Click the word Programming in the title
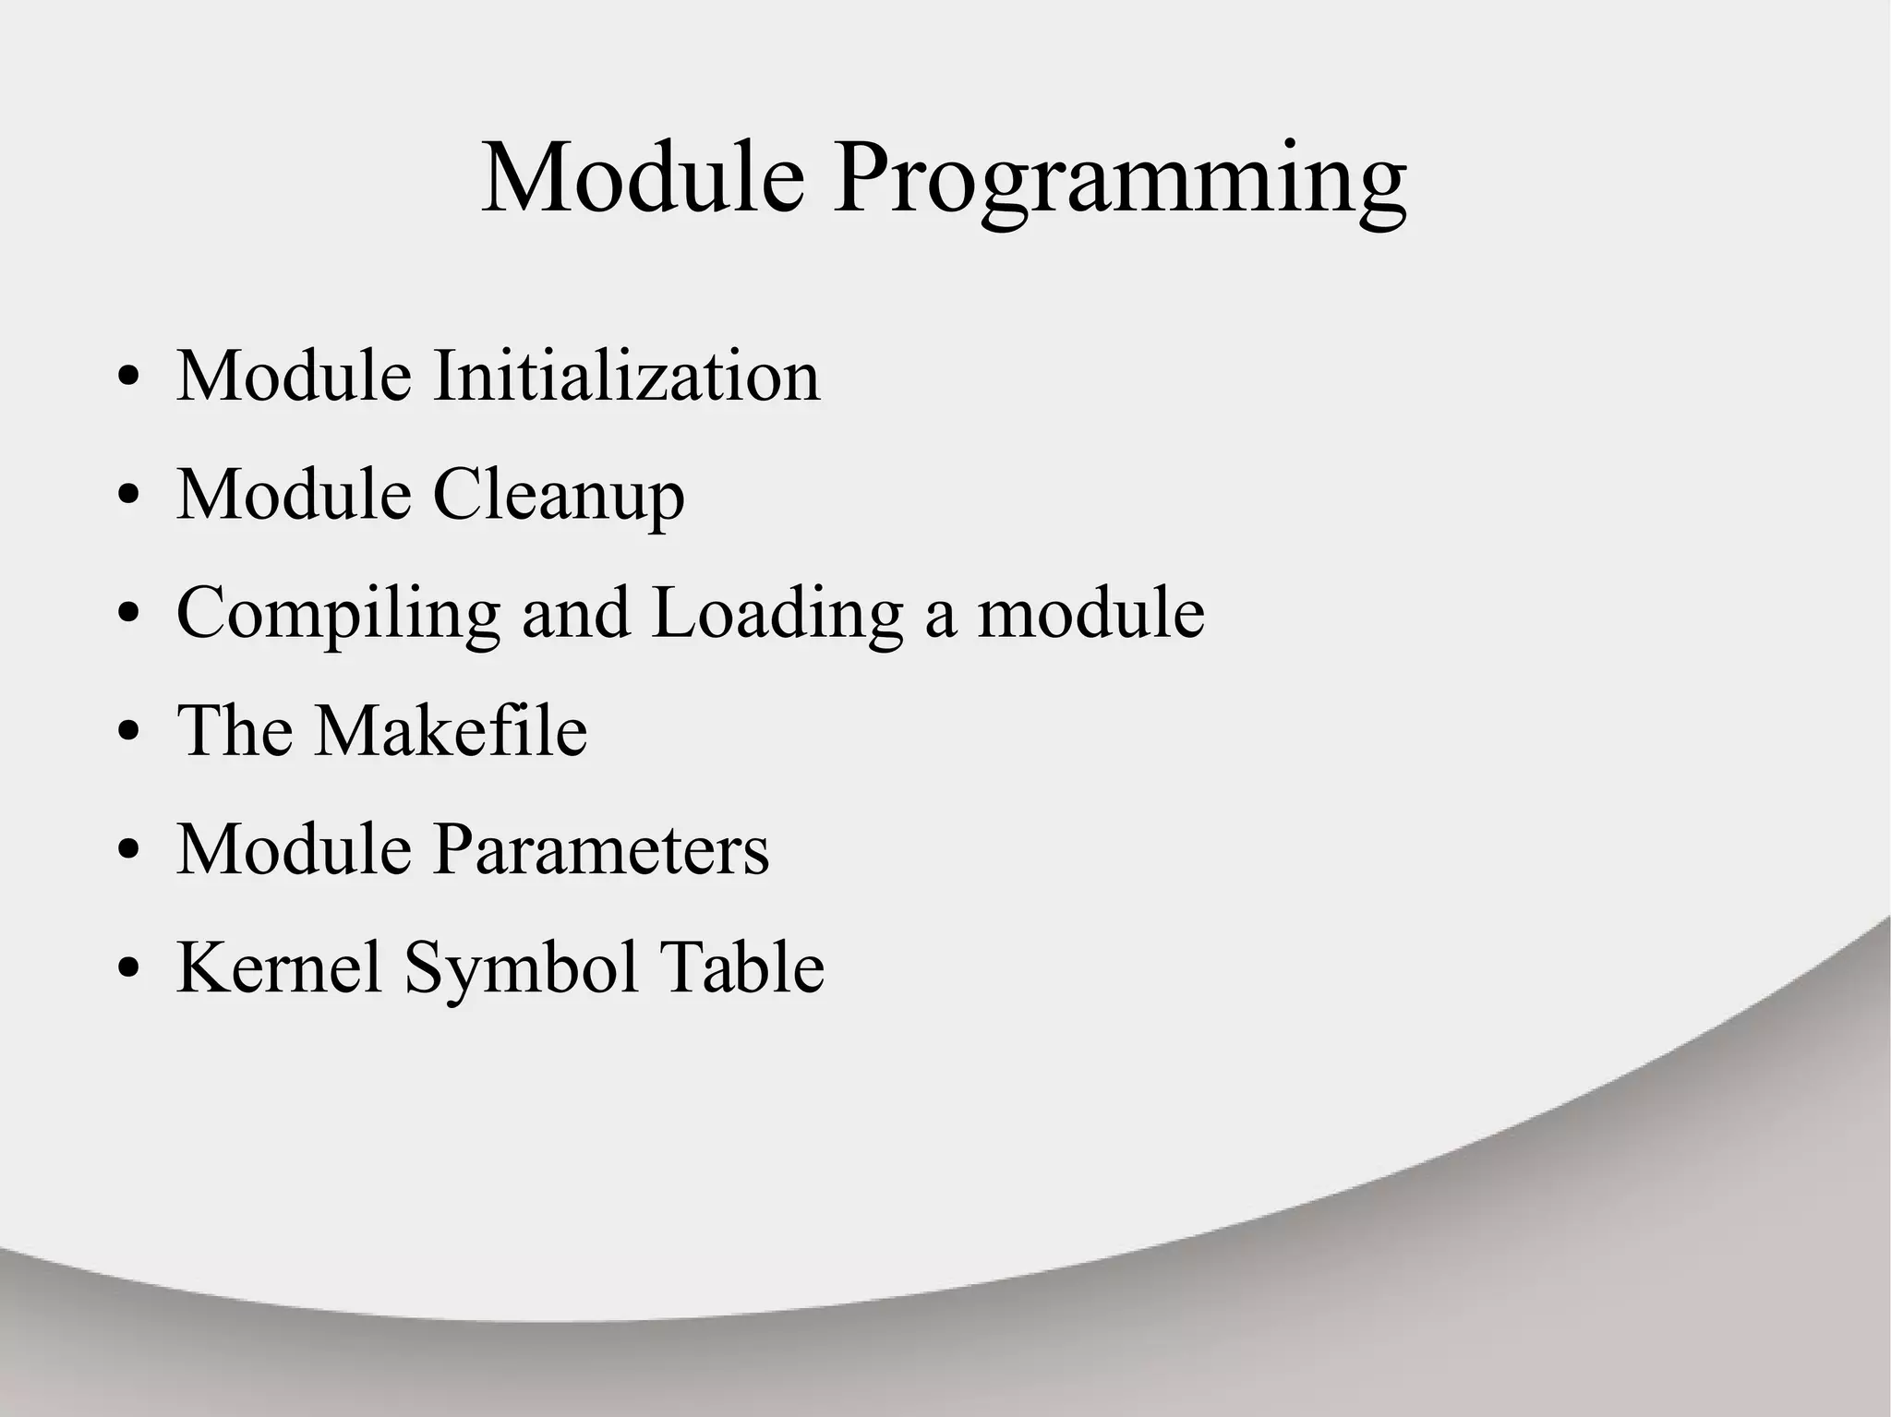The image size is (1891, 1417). click(1119, 180)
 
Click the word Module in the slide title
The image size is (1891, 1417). click(643, 177)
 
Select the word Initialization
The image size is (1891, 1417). click(627, 376)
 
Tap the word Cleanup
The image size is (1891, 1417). click(559, 496)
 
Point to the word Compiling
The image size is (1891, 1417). click(338, 614)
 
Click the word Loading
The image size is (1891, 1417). click(777, 614)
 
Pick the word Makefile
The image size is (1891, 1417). click(451, 730)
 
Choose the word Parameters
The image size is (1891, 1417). click(601, 848)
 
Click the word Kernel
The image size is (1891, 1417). click(280, 967)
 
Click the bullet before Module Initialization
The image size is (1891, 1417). click(129, 378)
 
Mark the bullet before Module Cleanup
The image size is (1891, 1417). click(129, 497)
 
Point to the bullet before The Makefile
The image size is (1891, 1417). click(129, 733)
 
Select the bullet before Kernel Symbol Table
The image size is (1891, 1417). click(129, 969)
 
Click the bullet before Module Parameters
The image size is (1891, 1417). click(129, 851)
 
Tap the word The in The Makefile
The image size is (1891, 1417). click(235, 730)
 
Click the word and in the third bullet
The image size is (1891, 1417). click(576, 614)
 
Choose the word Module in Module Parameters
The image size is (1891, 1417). click(294, 848)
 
